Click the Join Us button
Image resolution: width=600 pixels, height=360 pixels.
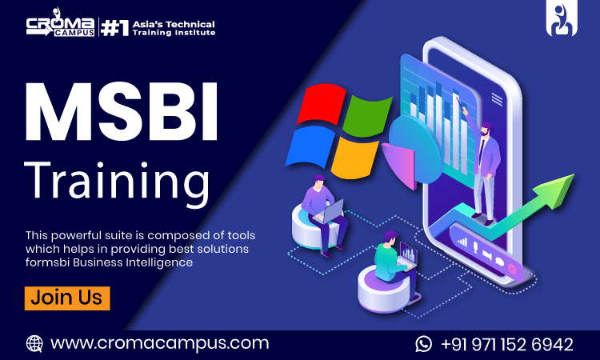[x=67, y=298]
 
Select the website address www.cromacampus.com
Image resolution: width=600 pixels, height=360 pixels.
[x=159, y=343]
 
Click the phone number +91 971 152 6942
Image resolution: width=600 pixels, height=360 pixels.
[x=506, y=344]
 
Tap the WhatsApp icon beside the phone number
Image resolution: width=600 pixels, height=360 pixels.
[x=423, y=344]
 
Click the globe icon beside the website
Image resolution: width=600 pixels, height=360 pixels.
[x=34, y=343]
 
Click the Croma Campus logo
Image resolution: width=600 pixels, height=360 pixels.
[x=61, y=28]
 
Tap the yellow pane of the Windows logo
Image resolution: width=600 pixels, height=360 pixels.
[x=354, y=157]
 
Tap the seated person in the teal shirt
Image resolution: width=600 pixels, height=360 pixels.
[x=389, y=257]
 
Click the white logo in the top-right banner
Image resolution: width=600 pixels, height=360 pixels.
[x=562, y=19]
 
